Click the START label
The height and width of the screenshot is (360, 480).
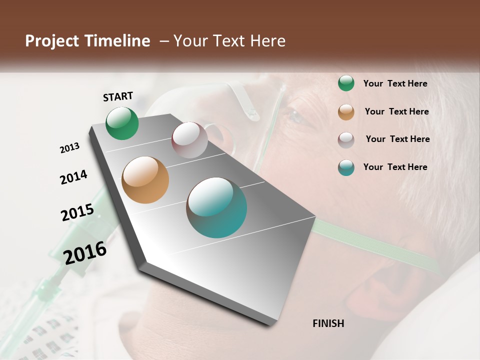click(x=118, y=96)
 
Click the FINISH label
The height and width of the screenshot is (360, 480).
click(x=328, y=323)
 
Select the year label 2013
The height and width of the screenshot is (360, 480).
click(x=69, y=148)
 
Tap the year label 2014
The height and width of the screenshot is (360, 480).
click(x=73, y=177)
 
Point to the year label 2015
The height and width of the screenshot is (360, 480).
click(x=77, y=212)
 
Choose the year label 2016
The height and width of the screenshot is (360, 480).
click(x=85, y=252)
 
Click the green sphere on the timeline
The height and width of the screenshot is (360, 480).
click(x=122, y=123)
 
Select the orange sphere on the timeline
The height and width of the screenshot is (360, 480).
click(x=145, y=180)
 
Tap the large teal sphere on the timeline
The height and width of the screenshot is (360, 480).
click(x=216, y=207)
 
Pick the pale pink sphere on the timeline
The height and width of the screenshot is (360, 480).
click(x=189, y=139)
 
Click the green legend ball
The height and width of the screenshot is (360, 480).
click(x=346, y=83)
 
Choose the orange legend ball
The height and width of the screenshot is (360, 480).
click(x=346, y=112)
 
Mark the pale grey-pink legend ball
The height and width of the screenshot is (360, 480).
click(x=346, y=140)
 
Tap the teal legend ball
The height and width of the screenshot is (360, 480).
click(x=346, y=167)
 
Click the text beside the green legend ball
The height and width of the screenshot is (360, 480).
click(x=395, y=84)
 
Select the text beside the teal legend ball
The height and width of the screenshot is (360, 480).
click(x=395, y=167)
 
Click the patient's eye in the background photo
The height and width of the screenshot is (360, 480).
click(x=296, y=116)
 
